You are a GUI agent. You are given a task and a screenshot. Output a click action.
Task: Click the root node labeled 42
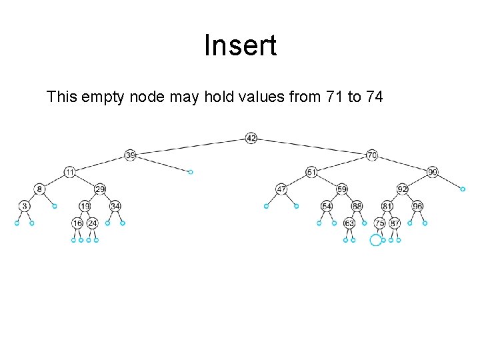coord(251,138)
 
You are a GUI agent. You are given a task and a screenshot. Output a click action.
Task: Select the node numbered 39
coord(131,155)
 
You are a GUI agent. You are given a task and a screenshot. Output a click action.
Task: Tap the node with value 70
coord(372,155)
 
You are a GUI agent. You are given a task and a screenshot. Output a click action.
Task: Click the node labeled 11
coord(70,172)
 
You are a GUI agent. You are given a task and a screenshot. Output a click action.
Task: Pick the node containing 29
coord(100,189)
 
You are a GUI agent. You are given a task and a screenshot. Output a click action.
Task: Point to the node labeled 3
coord(24,206)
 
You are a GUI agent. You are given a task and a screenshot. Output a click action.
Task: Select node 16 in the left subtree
coord(78,223)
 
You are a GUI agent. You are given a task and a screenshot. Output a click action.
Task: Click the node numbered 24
coord(93,223)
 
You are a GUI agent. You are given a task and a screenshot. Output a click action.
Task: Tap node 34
coord(115,206)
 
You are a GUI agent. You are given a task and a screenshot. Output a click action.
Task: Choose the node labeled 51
coord(311,172)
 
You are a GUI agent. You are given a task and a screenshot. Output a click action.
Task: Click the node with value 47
coord(281,189)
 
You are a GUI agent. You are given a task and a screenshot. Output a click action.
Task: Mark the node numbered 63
coord(349,223)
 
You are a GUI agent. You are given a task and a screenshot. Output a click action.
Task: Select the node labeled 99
coord(433,172)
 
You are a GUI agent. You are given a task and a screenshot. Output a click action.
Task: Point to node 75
coord(379,223)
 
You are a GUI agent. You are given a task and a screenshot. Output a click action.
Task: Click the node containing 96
coord(417,206)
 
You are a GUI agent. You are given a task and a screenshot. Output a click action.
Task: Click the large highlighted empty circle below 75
coord(376,240)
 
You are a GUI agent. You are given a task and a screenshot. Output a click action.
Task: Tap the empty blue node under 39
coord(191,172)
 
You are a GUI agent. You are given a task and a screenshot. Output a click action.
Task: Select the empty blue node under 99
coord(463,189)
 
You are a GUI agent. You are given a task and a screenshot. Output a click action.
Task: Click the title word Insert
coord(240,47)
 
